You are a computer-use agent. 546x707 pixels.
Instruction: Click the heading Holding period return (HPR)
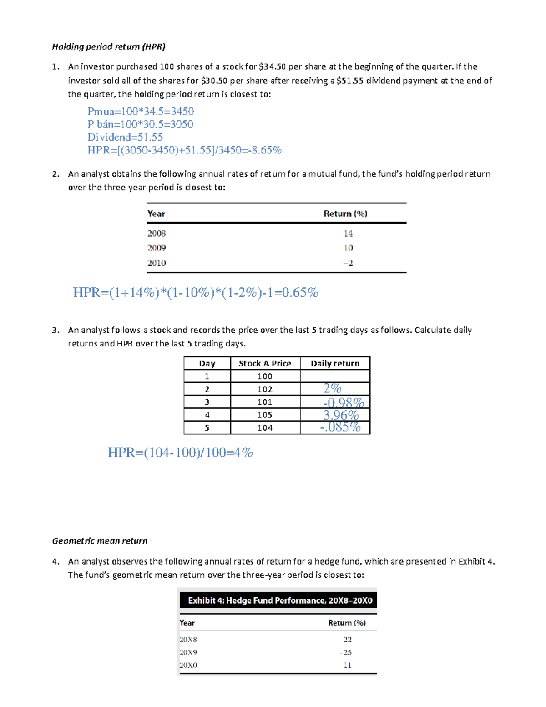[x=108, y=46]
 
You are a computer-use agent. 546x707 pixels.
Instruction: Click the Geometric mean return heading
[x=100, y=541]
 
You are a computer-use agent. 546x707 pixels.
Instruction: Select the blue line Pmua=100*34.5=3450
[x=141, y=112]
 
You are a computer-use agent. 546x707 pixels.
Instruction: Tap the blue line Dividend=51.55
[x=125, y=137]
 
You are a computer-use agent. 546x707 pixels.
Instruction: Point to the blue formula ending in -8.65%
[x=184, y=150]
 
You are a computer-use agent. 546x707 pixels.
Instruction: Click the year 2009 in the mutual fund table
[x=157, y=248]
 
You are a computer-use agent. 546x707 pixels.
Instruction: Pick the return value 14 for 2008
[x=348, y=234]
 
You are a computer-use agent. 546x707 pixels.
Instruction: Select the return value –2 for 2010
[x=348, y=263]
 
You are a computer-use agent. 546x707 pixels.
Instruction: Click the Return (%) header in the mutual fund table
[x=345, y=214]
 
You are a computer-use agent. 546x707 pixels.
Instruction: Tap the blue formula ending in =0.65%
[x=196, y=292]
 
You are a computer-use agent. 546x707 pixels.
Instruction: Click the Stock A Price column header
[x=265, y=363]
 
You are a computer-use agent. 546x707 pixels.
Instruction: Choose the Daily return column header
[x=335, y=363]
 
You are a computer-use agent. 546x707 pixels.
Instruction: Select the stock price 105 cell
[x=265, y=415]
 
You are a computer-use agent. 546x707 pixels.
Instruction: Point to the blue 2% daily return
[x=332, y=388]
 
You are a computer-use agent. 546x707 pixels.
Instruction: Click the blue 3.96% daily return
[x=341, y=415]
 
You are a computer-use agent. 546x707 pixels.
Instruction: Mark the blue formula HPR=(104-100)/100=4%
[x=180, y=453]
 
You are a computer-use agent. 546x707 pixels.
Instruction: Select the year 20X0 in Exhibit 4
[x=188, y=665]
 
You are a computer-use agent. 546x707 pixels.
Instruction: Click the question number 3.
[x=55, y=330]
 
